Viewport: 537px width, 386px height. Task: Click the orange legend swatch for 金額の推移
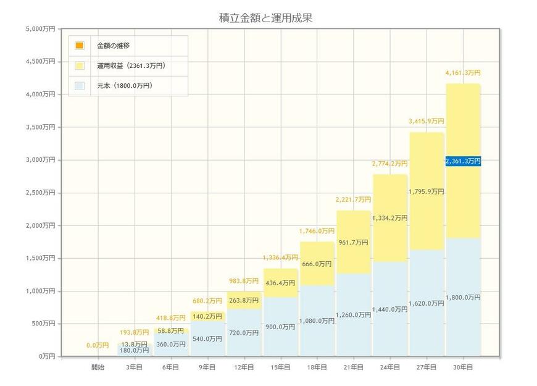click(79, 46)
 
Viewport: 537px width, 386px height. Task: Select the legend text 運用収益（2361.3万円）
click(131, 65)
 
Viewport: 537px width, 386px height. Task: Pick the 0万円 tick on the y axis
click(46, 356)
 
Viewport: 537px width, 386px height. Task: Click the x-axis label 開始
click(98, 367)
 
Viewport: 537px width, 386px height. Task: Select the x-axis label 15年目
click(280, 367)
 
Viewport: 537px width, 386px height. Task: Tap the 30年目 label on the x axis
click(462, 367)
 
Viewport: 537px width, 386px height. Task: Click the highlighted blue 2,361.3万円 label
click(462, 161)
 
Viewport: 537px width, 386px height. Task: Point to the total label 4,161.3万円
click(462, 73)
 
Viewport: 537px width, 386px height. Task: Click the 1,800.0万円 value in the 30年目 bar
click(462, 298)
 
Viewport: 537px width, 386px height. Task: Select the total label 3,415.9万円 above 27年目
click(426, 122)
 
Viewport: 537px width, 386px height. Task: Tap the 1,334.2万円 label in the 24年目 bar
click(389, 218)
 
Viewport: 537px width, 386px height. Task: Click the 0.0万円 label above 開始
click(98, 346)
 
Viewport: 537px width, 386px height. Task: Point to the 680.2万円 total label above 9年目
click(207, 301)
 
